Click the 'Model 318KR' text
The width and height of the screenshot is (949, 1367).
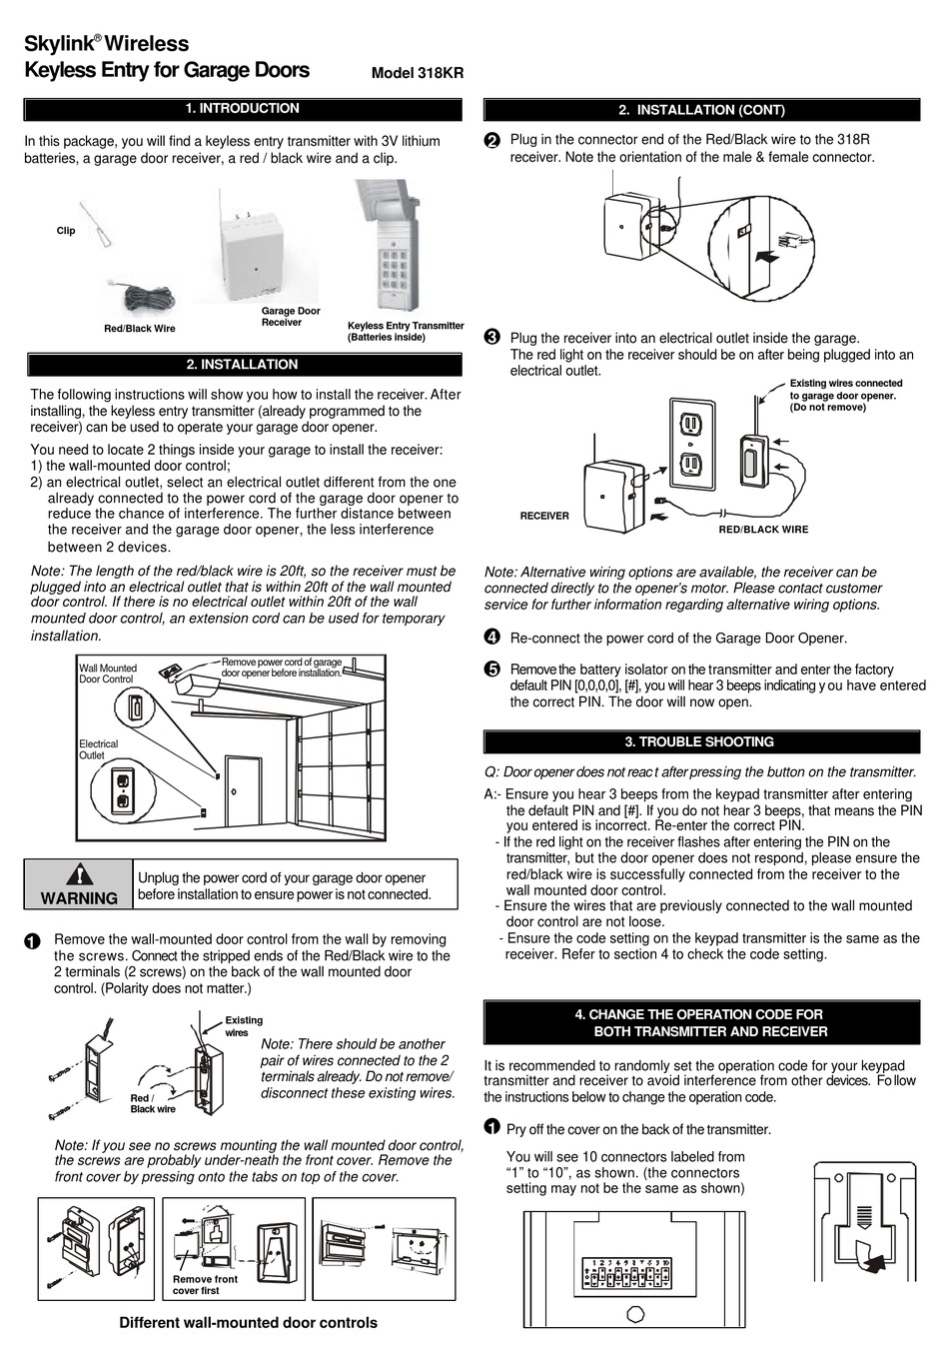coord(417,73)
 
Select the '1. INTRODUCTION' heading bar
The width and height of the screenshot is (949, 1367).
coord(243,109)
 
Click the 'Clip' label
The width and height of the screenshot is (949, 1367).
coord(66,231)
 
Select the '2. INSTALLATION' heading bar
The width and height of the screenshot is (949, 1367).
coord(243,365)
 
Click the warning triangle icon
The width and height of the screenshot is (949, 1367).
coord(79,874)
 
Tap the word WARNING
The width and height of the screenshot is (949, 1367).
coord(79,897)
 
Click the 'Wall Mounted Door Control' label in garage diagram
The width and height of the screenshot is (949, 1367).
coord(108,674)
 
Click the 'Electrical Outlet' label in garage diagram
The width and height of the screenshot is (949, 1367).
coord(99,749)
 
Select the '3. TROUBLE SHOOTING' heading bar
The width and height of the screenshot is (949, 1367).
coord(701,742)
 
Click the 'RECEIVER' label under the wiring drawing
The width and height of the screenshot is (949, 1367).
coord(544,516)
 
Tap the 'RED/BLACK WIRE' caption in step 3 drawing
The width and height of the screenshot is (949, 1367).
coord(763,530)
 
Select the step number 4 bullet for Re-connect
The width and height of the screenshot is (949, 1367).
coord(491,638)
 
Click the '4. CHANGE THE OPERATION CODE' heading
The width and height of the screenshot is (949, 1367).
coord(701,1022)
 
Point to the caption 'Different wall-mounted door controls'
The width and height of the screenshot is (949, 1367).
coord(248,1323)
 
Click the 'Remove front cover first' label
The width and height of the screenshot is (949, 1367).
coord(205,1284)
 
